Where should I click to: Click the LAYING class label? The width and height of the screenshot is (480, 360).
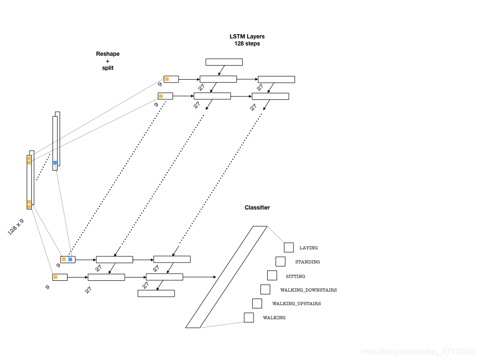[308, 247]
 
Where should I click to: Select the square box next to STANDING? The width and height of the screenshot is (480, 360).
[280, 262]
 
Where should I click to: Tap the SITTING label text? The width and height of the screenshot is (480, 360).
[295, 276]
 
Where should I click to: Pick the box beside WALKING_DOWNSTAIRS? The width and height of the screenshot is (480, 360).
[265, 289]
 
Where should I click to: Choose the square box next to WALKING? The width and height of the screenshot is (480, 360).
[249, 317]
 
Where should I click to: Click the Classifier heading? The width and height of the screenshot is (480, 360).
[257, 208]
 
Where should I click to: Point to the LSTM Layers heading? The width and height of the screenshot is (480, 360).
[247, 37]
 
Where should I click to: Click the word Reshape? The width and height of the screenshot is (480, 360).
[108, 54]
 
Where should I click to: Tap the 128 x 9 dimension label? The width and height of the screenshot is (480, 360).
[15, 227]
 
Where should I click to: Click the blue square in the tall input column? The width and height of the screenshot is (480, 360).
[55, 163]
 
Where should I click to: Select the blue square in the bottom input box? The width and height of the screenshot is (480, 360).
[70, 259]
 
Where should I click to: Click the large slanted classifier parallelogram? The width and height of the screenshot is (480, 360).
[226, 277]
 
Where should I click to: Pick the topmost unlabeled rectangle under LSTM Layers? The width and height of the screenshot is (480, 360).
[224, 62]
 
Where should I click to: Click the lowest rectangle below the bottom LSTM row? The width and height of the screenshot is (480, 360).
[156, 293]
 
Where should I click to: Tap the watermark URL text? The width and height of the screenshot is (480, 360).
[419, 352]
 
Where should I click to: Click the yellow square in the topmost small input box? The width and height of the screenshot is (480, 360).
[167, 79]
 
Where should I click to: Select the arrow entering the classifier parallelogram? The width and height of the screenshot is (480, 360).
[199, 277]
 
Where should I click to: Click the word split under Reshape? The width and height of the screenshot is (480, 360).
[108, 68]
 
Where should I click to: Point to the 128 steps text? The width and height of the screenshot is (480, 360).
[247, 44]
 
